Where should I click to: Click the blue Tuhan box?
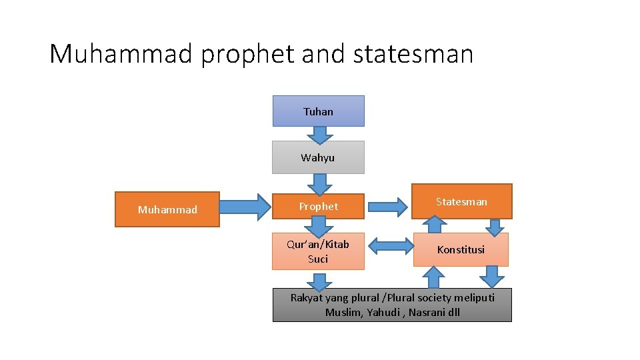pyautogui.click(x=318, y=111)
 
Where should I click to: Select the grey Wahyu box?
pyautogui.click(x=318, y=157)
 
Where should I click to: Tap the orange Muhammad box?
pyautogui.click(x=167, y=209)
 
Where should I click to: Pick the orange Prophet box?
pyautogui.click(x=318, y=206)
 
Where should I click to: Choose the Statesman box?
pyautogui.click(x=461, y=201)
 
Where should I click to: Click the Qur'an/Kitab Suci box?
pyautogui.click(x=318, y=251)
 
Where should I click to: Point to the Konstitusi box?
pyautogui.click(x=461, y=249)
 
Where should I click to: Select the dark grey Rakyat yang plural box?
pyautogui.click(x=392, y=305)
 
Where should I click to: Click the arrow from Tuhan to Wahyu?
pyautogui.click(x=320, y=135)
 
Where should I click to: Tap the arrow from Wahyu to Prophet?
pyautogui.click(x=320, y=184)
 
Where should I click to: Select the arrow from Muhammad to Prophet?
pyautogui.click(x=245, y=207)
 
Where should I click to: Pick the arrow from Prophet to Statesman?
pyautogui.click(x=387, y=207)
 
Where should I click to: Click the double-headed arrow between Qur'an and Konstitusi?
pyautogui.click(x=391, y=247)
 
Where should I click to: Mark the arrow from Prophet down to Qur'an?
pyautogui.click(x=320, y=226)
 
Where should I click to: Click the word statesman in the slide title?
pyautogui.click(x=413, y=53)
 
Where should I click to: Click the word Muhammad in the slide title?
pyautogui.click(x=121, y=53)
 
